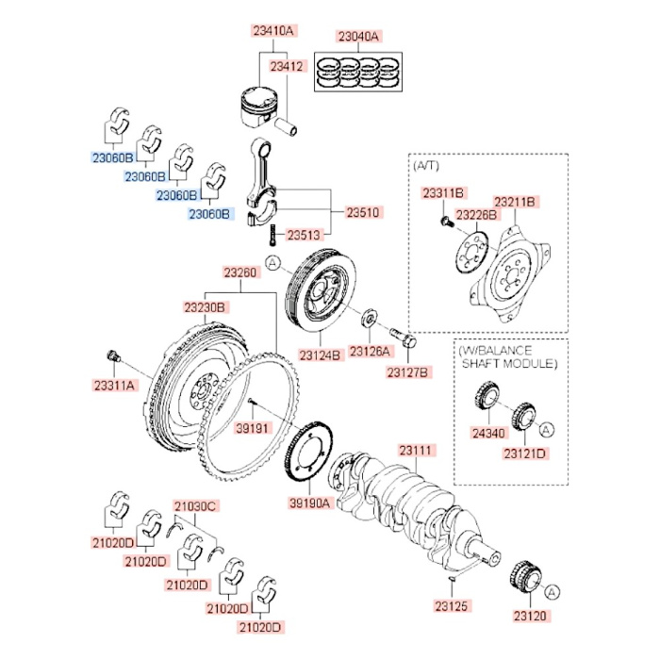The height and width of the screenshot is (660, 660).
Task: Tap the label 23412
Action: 287,67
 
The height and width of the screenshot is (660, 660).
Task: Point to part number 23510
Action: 362,213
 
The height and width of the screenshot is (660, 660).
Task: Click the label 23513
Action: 305,235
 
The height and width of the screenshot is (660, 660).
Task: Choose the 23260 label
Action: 239,273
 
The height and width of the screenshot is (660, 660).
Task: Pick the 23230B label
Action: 204,307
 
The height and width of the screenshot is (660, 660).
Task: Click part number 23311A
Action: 115,386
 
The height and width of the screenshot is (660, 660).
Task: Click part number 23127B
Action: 407,372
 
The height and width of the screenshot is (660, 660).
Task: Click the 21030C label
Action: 195,506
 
